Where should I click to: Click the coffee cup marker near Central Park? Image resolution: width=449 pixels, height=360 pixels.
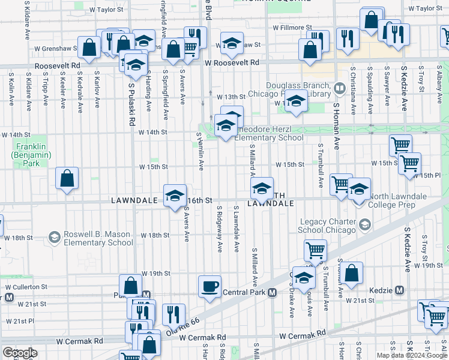(209, 286)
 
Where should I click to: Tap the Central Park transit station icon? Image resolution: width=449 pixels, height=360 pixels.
(272, 292)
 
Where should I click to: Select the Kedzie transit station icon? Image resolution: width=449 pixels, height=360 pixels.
(400, 290)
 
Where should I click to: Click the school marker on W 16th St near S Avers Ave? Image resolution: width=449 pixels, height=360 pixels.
(175, 195)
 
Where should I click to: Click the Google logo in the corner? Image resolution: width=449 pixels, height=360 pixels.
(19, 353)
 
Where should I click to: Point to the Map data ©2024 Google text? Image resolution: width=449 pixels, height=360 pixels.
(412, 355)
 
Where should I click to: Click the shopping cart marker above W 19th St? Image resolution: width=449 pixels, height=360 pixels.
(315, 249)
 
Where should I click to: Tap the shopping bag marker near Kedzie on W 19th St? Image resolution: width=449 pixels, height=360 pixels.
(354, 272)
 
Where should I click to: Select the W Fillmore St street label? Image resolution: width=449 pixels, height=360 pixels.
(292, 28)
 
